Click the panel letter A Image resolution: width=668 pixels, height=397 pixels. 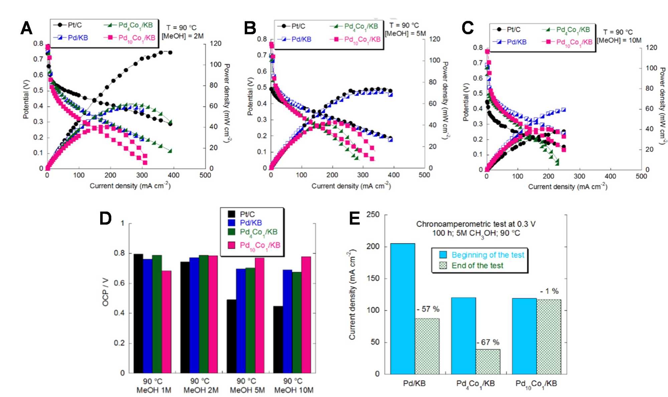point(26,28)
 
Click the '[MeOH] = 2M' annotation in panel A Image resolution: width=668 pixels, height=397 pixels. point(183,36)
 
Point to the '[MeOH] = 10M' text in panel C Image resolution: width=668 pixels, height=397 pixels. point(619,40)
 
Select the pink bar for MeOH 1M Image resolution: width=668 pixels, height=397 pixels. point(166,321)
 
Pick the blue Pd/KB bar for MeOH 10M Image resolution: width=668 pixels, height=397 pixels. point(287,321)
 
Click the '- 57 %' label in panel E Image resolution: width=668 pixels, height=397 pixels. point(428,309)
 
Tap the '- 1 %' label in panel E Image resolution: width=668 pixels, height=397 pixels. point(549,291)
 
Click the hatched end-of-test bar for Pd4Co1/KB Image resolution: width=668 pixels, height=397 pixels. point(488,362)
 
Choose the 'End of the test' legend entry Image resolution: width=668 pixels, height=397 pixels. point(477,265)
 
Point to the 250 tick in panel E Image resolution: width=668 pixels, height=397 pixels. point(373,215)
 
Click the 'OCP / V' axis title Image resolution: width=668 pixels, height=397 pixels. point(106,292)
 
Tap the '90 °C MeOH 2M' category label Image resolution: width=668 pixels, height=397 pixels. point(201,385)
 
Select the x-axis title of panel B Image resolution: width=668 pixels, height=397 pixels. point(351,186)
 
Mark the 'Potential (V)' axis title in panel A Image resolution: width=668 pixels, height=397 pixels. point(26,99)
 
